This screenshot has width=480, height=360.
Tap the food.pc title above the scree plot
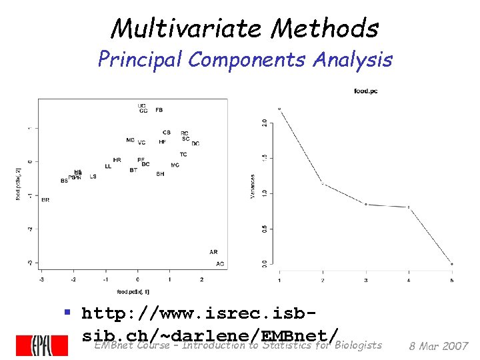click(x=365, y=91)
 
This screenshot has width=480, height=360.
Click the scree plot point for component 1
click(x=279, y=109)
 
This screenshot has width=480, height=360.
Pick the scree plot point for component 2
click(x=323, y=183)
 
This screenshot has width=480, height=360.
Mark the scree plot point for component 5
click(x=452, y=264)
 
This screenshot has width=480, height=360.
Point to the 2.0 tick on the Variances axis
click(x=265, y=122)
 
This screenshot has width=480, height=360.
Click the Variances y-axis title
click(x=253, y=187)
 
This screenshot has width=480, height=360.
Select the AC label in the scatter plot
click(x=220, y=264)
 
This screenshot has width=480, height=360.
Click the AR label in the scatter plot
click(x=213, y=252)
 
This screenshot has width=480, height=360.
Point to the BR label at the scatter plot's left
click(x=45, y=199)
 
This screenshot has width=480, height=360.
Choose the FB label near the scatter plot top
click(x=159, y=109)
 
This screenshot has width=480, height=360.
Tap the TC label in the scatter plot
click(x=183, y=155)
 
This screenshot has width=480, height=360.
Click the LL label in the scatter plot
click(x=108, y=166)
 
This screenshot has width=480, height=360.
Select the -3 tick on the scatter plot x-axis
click(x=42, y=279)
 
